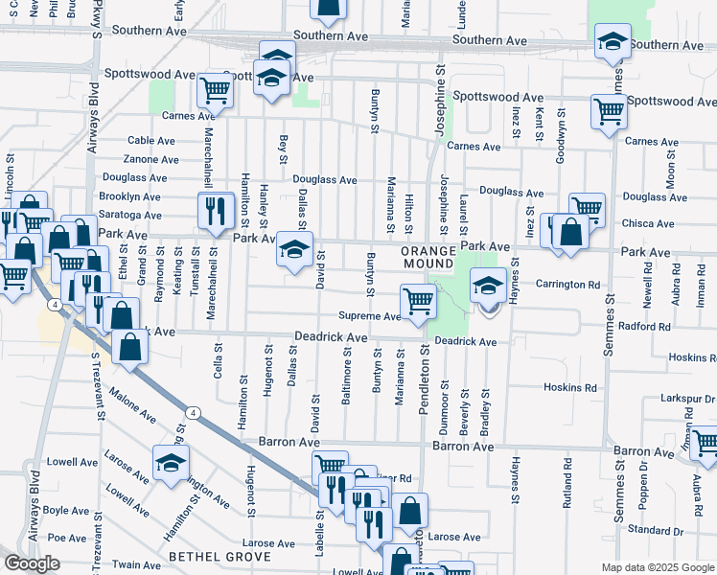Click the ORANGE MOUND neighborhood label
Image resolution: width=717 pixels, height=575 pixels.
(427, 255)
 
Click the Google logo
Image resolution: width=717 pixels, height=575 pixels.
(32, 563)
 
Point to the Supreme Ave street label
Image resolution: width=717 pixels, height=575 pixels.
(369, 316)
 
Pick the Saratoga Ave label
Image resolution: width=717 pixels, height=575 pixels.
(130, 215)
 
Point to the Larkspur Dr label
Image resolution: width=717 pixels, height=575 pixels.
(689, 398)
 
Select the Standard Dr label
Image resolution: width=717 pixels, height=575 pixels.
(655, 529)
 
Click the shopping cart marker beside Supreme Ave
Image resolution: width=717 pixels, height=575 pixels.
(418, 301)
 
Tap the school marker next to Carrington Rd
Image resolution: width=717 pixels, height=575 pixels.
(488, 285)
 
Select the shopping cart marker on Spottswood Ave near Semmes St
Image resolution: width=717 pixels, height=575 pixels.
(609, 111)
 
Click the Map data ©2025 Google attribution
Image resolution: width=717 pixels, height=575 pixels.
(658, 567)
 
